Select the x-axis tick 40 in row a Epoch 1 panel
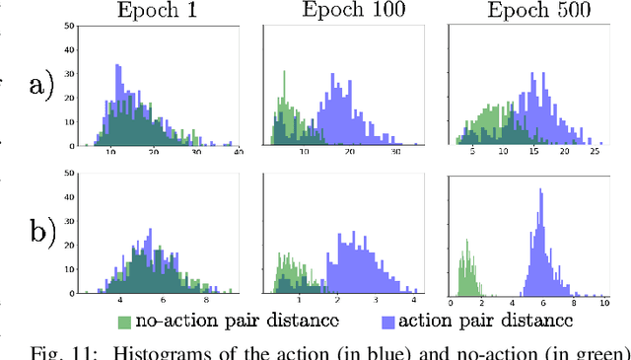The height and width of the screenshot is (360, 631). click(x=237, y=156)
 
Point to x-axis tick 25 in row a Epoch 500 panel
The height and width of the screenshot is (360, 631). click(x=595, y=156)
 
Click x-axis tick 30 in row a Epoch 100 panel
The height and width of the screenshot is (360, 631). click(x=395, y=156)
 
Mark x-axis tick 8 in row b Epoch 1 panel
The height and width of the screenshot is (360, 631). click(x=206, y=303)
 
